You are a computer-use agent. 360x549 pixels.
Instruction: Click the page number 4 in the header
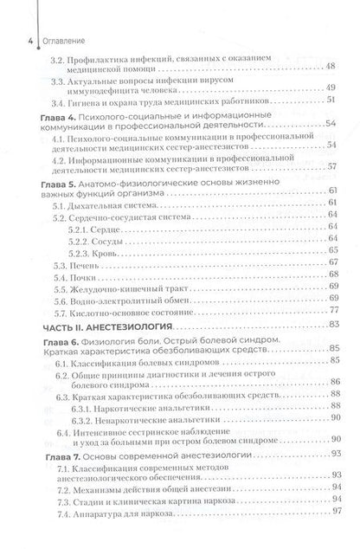coord(7,39)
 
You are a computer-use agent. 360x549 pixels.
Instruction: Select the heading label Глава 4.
coord(61,115)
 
